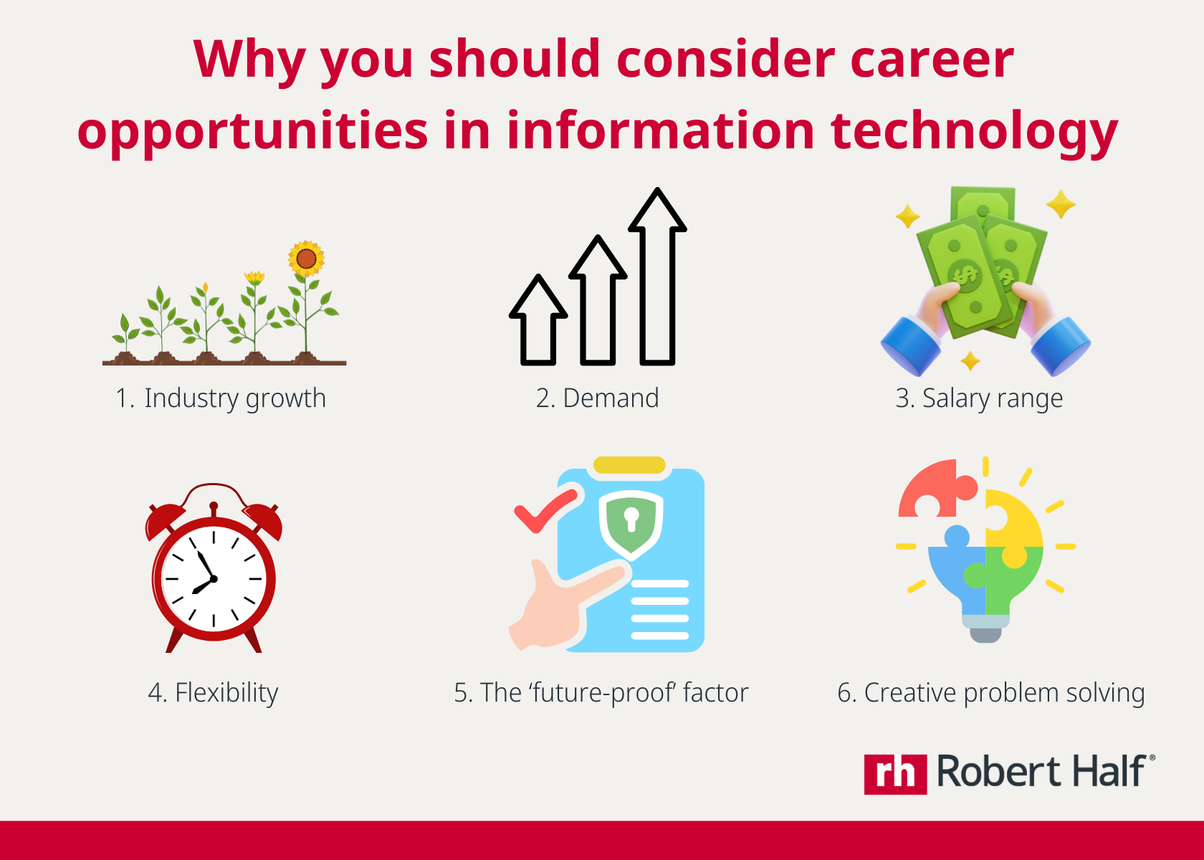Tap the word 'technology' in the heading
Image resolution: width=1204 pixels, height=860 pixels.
(974, 133)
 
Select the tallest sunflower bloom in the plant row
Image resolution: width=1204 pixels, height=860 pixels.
(307, 258)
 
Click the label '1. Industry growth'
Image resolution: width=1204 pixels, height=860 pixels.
(221, 398)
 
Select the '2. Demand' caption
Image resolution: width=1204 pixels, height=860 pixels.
(597, 398)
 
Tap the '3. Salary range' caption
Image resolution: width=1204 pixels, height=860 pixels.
(979, 398)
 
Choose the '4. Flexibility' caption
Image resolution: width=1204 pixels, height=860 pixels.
(213, 693)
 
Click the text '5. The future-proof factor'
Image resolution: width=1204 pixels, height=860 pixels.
(601, 693)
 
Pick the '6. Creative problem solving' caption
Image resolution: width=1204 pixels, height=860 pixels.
(990, 693)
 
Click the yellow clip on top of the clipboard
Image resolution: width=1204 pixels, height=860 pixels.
(629, 465)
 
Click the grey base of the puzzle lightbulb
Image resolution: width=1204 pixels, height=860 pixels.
(985, 634)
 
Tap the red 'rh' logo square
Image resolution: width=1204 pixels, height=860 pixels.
(895, 774)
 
